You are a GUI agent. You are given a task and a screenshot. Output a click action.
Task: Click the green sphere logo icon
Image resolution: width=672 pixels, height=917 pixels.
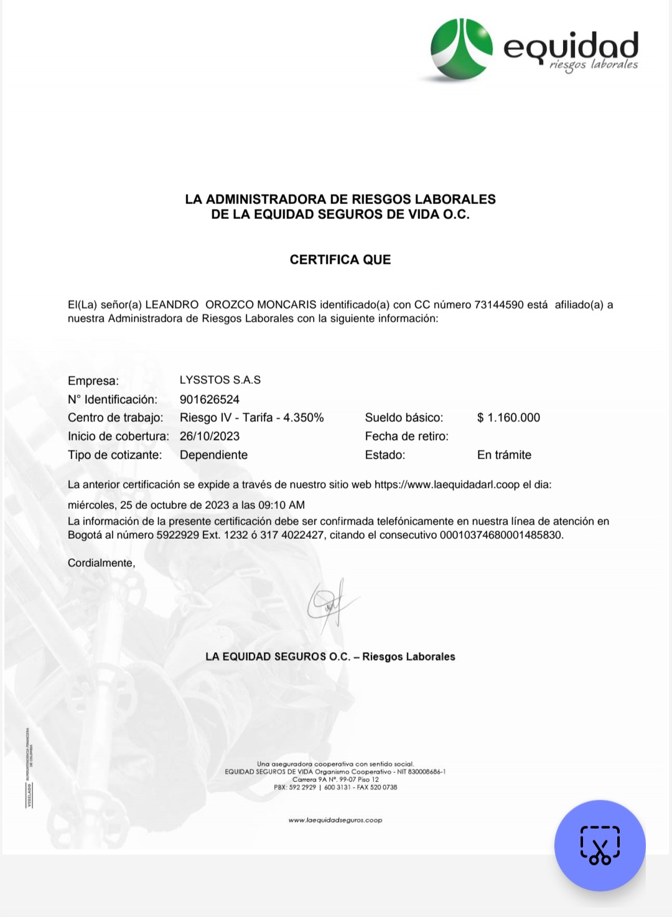coord(462,50)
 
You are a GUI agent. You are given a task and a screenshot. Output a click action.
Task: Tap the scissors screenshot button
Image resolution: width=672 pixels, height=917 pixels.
coord(600,845)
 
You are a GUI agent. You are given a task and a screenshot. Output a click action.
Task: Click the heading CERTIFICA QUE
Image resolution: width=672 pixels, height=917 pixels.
coord(340,259)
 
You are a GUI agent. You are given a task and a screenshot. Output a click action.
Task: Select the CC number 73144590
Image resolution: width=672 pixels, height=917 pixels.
coord(498,305)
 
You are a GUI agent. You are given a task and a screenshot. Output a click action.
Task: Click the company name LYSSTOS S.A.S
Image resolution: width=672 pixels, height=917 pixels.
coord(220,380)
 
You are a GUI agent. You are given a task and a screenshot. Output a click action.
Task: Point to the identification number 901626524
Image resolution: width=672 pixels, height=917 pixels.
coord(209,399)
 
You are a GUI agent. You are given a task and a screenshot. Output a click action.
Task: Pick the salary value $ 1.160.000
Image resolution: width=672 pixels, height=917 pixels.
coord(508,417)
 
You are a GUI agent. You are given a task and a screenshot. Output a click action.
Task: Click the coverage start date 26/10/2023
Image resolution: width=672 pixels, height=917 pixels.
coord(209,436)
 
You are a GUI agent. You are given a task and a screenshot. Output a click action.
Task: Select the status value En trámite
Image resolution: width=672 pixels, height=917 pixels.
coord(504,455)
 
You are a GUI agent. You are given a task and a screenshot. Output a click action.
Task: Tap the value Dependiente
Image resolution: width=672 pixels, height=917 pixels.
coord(213,455)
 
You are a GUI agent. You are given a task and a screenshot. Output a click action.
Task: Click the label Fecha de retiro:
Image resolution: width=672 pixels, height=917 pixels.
coord(406,436)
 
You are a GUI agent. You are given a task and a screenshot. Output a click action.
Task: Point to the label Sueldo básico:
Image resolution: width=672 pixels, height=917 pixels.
coord(404,417)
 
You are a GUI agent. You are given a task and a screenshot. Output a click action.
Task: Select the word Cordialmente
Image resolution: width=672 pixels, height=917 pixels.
coord(101,563)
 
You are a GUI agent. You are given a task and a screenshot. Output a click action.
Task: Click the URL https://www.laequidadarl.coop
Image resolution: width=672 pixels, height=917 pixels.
coord(447,485)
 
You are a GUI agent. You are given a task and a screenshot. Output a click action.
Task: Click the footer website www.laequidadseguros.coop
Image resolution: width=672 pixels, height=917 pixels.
coord(335,820)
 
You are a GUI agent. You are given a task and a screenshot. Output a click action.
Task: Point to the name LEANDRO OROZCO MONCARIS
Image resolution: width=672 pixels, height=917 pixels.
coord(230,305)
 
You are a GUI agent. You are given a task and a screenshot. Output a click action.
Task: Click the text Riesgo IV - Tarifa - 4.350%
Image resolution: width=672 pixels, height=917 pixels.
coord(251,417)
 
